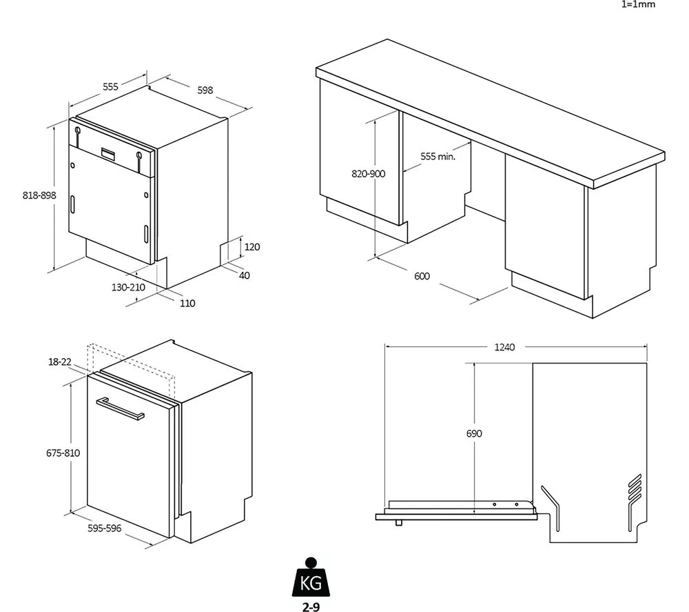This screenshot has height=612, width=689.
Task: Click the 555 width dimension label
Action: tap(110, 86)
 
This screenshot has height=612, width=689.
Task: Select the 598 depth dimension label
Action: tap(205, 90)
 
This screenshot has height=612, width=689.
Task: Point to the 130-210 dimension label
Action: tap(128, 287)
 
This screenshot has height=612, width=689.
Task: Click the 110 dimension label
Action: tap(187, 303)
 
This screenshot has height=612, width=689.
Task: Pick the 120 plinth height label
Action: tap(252, 246)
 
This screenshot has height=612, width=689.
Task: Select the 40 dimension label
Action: tap(245, 275)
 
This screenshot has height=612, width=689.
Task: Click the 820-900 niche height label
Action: tap(368, 174)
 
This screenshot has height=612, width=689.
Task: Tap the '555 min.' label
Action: tap(438, 157)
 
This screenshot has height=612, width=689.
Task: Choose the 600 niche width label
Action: tap(422, 276)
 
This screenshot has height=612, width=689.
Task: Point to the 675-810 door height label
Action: tap(63, 453)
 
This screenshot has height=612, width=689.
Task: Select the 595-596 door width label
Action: tap(104, 528)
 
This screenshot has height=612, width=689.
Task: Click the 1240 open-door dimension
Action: tap(504, 347)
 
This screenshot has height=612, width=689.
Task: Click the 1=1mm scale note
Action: tap(639, 4)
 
